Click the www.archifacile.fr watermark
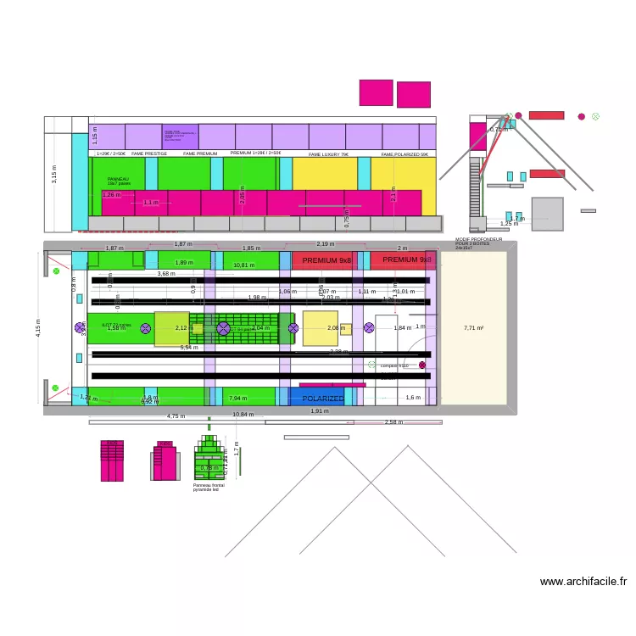coord(583,582)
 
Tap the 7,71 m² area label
coord(473,327)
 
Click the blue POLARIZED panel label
coord(323,398)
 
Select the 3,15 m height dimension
coord(54,175)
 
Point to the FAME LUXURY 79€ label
coord(328,154)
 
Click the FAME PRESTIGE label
coord(149,154)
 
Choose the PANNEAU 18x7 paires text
coord(119,181)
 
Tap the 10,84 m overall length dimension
coord(243,415)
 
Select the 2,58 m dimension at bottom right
coord(393,421)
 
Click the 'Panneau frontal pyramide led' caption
coord(206,488)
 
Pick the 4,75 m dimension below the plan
coord(176,416)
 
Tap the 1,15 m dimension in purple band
coord(95,137)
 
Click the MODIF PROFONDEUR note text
coord(478,243)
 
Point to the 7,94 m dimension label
coord(238,398)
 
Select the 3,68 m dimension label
coord(166,273)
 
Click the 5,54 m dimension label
coord(189,347)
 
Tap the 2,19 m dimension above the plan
coord(325,244)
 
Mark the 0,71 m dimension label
coord(499,130)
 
